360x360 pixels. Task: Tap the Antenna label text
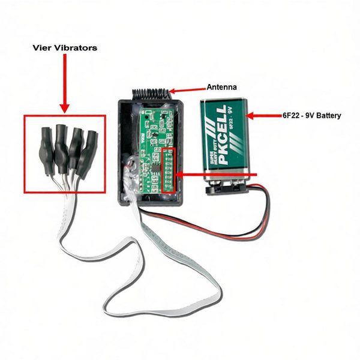click(221, 87)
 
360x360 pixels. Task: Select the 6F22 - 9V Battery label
click(312, 115)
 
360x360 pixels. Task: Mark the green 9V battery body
click(225, 141)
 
